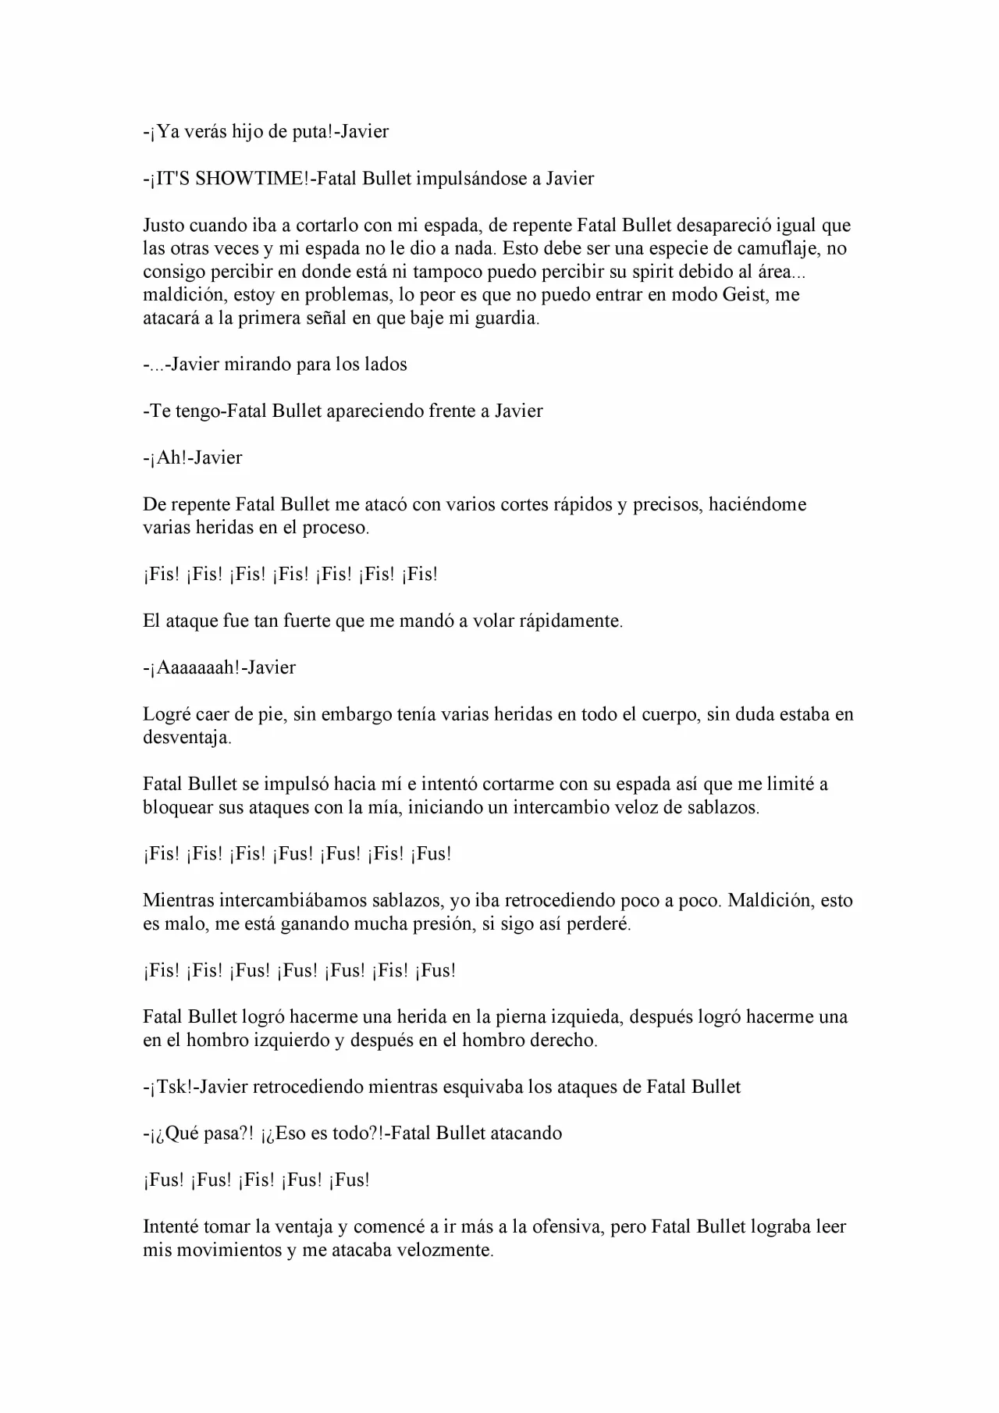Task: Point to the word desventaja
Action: point(187,738)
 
